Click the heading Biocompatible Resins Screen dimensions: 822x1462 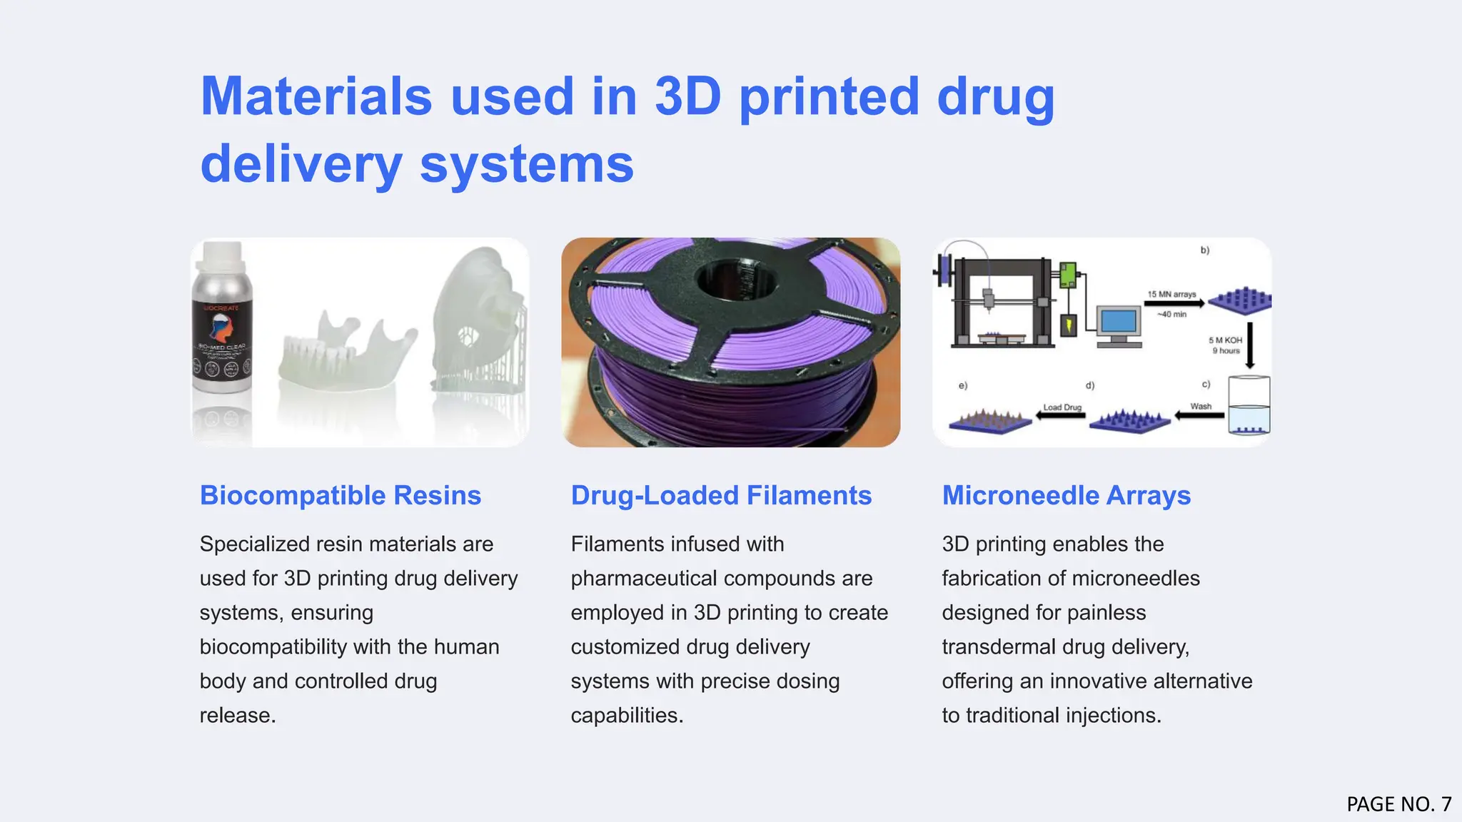point(341,495)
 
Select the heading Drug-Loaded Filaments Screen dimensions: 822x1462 point(721,495)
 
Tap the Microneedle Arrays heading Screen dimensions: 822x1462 point(1066,495)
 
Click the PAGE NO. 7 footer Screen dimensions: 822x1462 point(1398,804)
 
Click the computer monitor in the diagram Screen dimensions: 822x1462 point(1118,325)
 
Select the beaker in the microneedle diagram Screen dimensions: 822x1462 point(1249,405)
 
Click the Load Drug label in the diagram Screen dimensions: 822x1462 point(1062,407)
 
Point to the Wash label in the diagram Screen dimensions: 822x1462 point(1201,406)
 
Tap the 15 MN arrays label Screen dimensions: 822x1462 point(1171,294)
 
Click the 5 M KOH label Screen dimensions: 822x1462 point(1225,340)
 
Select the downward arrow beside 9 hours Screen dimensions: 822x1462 point(1250,345)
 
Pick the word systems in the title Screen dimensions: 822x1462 point(526,164)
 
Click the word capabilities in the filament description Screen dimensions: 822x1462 point(626,715)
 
